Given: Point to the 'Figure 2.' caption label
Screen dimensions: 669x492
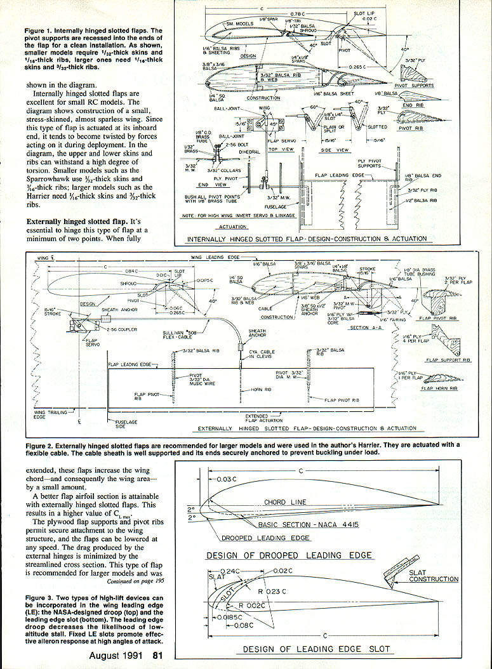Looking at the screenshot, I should point(39,446).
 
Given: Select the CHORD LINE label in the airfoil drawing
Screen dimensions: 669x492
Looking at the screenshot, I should point(286,502).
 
